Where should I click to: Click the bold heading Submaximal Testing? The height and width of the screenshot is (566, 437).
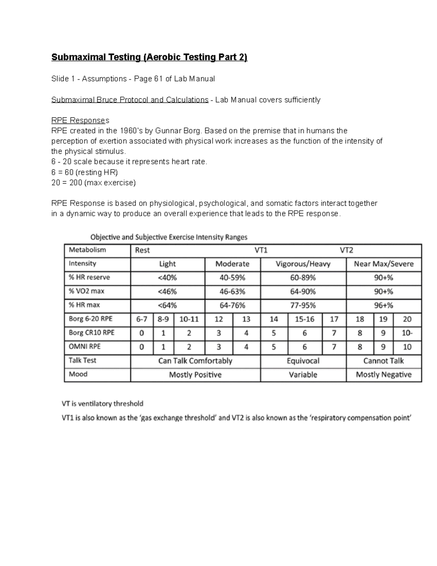(149, 57)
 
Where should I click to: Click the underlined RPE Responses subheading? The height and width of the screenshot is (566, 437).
(80, 120)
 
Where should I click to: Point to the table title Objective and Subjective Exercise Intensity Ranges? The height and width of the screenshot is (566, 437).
(169, 237)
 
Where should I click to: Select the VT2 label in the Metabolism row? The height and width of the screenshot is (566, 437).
(346, 250)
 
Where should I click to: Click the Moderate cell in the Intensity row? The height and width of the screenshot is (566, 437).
(232, 264)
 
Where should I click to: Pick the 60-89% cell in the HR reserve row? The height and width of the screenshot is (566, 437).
(303, 278)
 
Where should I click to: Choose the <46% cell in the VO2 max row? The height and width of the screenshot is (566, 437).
(167, 292)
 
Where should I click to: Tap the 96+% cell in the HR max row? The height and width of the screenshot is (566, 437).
(383, 305)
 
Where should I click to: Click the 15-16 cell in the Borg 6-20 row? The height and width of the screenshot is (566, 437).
(304, 319)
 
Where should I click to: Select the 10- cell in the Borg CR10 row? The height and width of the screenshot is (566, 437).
(407, 333)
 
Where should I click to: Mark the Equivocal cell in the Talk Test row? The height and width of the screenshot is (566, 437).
(303, 361)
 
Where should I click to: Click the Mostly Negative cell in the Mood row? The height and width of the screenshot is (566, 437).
(383, 375)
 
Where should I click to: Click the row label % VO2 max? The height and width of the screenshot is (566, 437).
(86, 291)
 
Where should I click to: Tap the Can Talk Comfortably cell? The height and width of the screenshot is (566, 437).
(195, 361)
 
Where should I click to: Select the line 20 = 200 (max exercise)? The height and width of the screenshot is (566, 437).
(93, 183)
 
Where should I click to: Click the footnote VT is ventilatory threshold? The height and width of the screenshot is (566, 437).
(102, 403)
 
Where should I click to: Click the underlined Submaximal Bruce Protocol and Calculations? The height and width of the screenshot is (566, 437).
(130, 99)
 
